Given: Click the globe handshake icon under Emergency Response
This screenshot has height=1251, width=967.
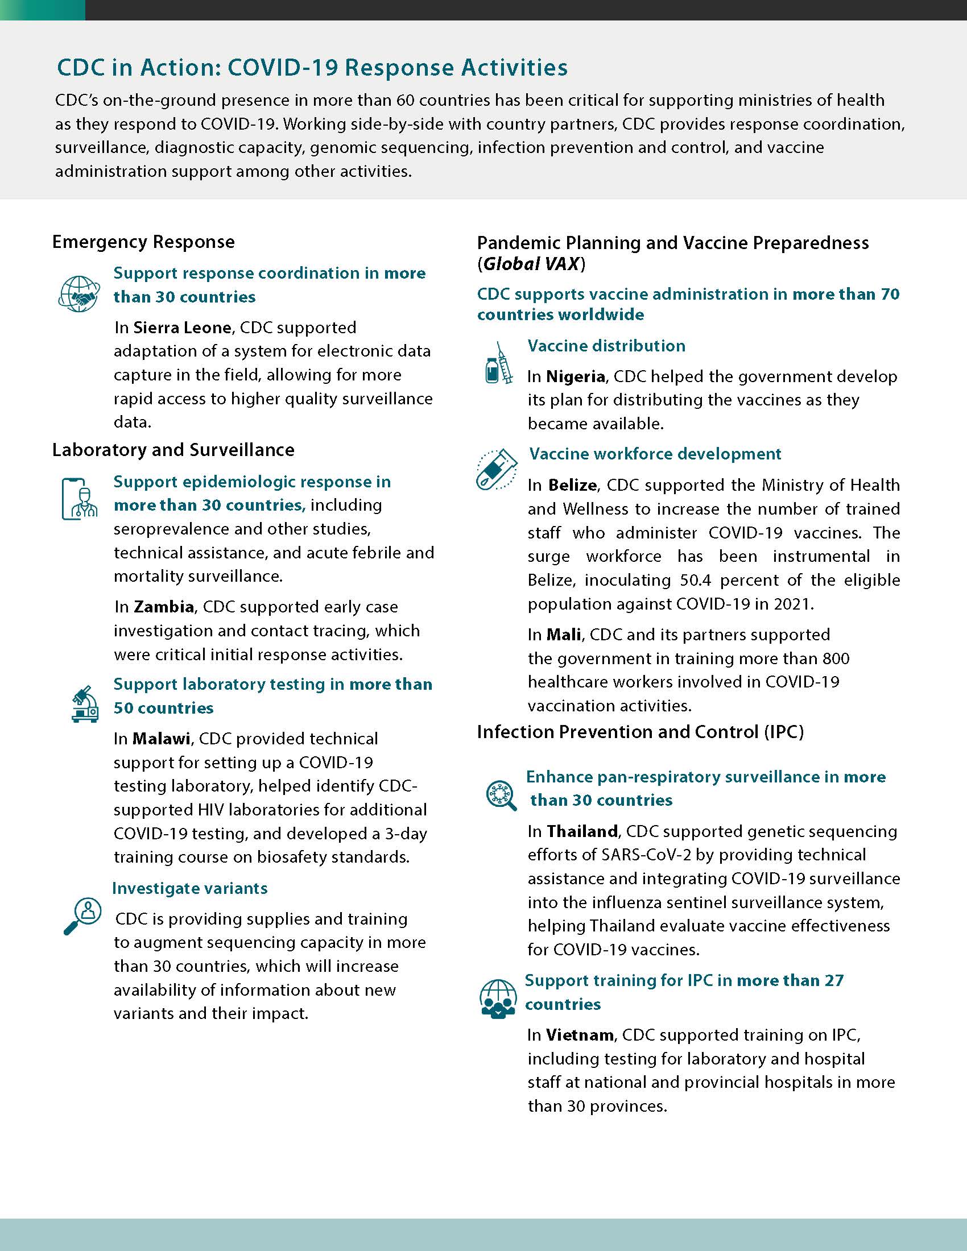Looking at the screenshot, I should [79, 293].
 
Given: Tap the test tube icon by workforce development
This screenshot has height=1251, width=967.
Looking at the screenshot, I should [496, 469].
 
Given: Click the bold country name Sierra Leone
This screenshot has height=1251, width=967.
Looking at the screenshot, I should [181, 328].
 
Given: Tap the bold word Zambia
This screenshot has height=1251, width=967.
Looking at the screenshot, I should [164, 607].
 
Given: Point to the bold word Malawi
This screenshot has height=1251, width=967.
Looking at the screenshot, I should [161, 738].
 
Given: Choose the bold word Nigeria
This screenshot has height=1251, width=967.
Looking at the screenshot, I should [576, 376].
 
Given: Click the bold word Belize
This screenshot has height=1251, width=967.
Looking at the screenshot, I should [573, 485].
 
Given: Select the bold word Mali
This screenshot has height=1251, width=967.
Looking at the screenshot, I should [564, 635].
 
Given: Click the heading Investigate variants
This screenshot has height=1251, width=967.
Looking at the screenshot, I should [189, 888].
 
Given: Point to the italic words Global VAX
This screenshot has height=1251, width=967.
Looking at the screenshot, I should [532, 264].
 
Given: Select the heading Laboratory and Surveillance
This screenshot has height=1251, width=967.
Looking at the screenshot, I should [173, 450].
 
